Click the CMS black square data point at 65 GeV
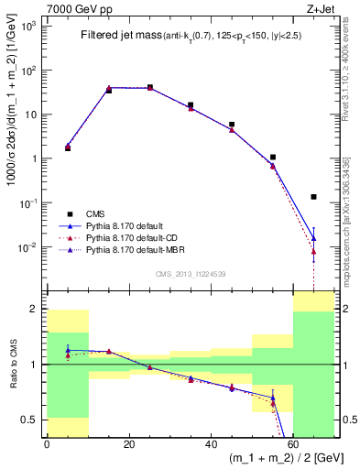(314, 196)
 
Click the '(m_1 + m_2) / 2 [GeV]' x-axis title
(283, 458)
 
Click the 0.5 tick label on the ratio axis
(31, 420)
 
